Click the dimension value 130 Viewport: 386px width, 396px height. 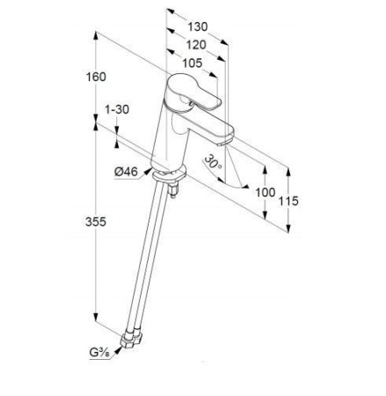(197, 26)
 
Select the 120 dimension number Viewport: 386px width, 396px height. (196, 45)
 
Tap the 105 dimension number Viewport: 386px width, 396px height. (193, 62)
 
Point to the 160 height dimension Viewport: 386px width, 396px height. (96, 77)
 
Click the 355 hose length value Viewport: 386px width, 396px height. (96, 222)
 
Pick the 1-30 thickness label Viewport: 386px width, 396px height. (117, 109)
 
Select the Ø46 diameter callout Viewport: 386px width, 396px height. (126, 172)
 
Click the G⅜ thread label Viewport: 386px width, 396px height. (99, 353)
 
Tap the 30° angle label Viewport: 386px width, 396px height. (213, 162)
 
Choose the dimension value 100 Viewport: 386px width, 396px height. (266, 193)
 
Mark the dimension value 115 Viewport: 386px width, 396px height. (288, 201)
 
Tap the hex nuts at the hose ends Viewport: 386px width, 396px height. (132, 340)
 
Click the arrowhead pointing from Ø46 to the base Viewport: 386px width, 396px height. (149, 171)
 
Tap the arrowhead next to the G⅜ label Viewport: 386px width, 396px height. (118, 349)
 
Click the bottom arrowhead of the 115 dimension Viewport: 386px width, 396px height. (288, 228)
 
